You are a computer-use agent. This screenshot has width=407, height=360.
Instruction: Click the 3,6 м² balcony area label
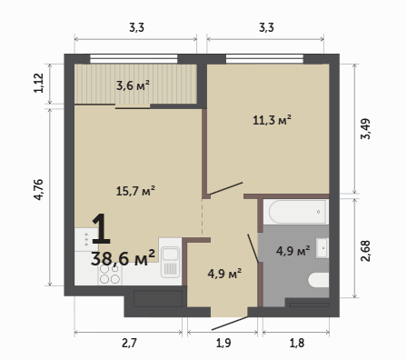(133, 85)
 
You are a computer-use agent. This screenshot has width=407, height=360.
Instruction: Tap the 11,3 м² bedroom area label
(272, 120)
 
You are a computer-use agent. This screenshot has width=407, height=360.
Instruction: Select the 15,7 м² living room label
(135, 191)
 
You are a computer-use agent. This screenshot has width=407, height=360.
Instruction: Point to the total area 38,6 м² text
(123, 258)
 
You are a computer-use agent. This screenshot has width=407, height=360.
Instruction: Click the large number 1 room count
(101, 228)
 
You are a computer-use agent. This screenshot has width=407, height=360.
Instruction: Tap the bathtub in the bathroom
(297, 212)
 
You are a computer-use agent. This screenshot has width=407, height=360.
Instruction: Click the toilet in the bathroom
(318, 280)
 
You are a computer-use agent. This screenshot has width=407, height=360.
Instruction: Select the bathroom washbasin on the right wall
(323, 248)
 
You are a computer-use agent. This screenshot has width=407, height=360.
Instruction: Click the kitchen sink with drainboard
(170, 262)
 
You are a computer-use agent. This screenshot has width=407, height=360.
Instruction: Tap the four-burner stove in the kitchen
(110, 275)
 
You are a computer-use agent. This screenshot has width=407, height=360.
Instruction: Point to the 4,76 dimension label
(39, 190)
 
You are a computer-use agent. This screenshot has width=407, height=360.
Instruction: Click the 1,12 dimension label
(39, 83)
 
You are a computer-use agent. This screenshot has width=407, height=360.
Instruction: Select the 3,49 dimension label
(365, 129)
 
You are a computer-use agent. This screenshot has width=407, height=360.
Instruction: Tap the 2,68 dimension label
(365, 251)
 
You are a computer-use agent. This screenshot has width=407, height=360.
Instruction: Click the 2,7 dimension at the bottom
(129, 343)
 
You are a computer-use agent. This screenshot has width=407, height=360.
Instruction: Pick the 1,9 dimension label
(223, 343)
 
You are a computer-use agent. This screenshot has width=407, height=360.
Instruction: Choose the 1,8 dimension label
(297, 343)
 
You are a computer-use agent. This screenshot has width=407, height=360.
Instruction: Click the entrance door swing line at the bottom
(230, 324)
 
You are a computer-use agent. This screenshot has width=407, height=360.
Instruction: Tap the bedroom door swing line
(226, 188)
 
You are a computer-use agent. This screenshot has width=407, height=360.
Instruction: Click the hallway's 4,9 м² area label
(224, 274)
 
